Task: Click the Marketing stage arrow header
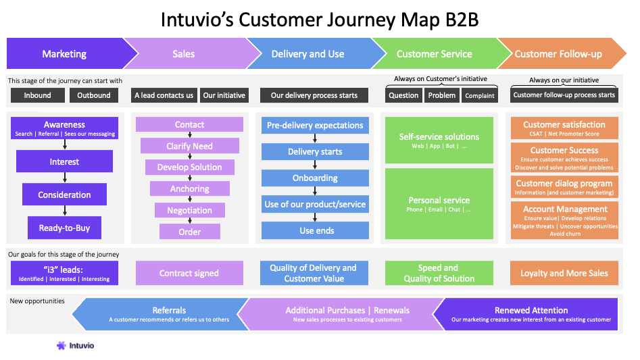point(64,54)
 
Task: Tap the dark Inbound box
point(38,95)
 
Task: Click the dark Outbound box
point(94,95)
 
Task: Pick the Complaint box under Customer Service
point(480,95)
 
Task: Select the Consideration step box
point(64,195)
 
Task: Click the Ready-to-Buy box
point(64,228)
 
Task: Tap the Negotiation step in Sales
point(190,211)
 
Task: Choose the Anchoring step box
point(190,189)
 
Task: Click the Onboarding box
point(315,178)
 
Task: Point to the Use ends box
point(315,230)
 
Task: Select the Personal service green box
point(439,203)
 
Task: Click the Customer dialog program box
point(564,186)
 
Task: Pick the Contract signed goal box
point(189,274)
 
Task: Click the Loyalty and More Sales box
point(564,274)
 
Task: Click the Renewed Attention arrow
point(531,314)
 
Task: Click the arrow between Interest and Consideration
point(64,178)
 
